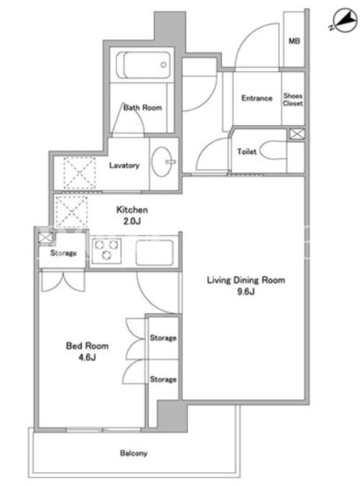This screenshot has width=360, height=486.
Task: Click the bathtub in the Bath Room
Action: pos(143,65)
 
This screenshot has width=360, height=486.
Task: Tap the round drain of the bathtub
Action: pos(163,65)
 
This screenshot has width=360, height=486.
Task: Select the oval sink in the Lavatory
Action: pos(162,162)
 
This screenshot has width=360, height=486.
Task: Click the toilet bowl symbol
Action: pos(273,151)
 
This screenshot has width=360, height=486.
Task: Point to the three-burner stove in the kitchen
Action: pos(106,251)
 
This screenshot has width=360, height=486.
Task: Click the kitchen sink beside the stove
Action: pos(154,252)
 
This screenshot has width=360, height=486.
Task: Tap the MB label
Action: pos(294,41)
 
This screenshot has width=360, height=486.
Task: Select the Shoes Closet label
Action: pos(292,99)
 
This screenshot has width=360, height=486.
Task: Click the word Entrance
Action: pos(257,98)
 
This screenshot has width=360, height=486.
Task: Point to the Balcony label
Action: pos(134,453)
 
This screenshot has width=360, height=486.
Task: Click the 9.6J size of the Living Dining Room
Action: pos(246,291)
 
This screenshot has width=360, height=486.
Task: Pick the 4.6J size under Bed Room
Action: pos(87,357)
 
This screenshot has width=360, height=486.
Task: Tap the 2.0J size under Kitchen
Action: pos(132,221)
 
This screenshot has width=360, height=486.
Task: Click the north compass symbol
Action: pos(344,21)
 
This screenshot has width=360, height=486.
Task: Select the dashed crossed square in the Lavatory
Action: pos(79,173)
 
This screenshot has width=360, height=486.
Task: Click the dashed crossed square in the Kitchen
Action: pos(71,212)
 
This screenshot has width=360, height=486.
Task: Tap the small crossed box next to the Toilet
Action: pos(297,134)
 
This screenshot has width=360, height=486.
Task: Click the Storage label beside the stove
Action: pos(63,253)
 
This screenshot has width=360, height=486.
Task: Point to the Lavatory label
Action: pos(124,165)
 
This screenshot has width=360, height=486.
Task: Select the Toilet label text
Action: pos(247,152)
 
